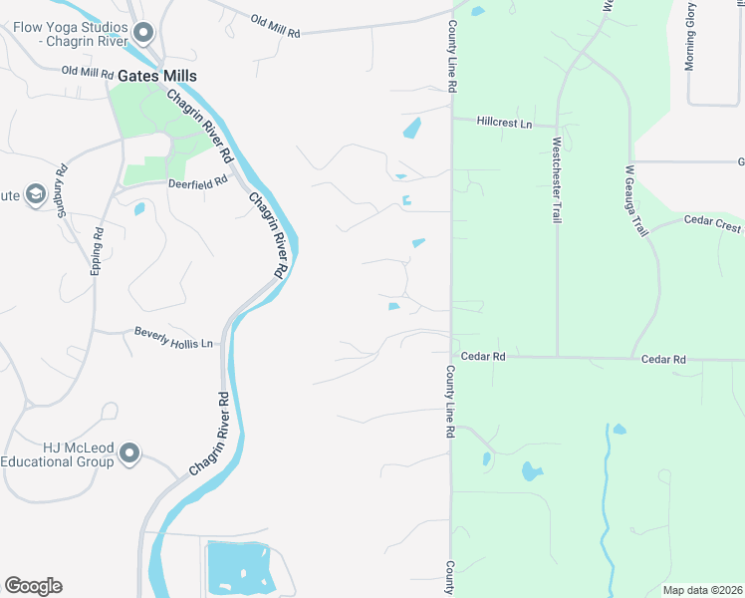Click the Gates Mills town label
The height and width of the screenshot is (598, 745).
pos(156,76)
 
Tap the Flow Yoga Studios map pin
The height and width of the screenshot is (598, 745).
pos(142,35)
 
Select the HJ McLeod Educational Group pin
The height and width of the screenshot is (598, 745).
pos(128,454)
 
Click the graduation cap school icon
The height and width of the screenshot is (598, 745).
pos(37,193)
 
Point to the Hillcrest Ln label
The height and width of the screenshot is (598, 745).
pos(505,123)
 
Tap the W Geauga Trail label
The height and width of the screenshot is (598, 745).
pos(636,200)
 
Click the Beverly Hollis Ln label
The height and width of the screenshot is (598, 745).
pos(174,338)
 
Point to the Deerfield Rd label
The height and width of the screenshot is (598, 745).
pos(198,183)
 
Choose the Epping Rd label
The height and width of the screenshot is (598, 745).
pos(98,251)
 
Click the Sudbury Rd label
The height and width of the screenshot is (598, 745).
pos(62,190)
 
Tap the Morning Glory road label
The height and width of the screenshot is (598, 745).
pos(689,36)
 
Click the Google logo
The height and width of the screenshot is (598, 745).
pos(33,585)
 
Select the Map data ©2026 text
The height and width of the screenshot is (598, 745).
pos(702,590)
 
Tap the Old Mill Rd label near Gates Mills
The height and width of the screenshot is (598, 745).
pos(88,71)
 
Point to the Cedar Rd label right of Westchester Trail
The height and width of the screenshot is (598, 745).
pos(663,359)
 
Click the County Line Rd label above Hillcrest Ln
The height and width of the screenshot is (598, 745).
pos(452,58)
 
